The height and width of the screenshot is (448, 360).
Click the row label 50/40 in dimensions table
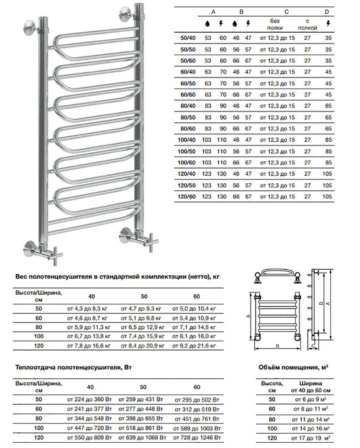click(188, 38)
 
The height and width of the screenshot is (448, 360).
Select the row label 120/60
click(187, 197)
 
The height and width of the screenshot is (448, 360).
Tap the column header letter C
click(286, 12)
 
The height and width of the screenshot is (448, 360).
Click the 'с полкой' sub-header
click(308, 24)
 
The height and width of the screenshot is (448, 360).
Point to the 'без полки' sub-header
click(275, 24)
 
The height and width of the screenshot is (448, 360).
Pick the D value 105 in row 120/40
click(327, 174)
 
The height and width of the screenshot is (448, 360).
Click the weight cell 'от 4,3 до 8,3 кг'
click(87, 309)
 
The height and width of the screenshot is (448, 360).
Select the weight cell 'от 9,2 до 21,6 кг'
click(194, 346)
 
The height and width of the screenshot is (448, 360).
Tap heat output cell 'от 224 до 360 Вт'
click(89, 400)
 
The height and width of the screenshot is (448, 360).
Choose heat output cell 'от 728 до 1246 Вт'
click(197, 437)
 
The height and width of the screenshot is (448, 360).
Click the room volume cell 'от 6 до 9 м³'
click(311, 400)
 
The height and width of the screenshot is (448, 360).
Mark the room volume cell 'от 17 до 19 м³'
click(311, 438)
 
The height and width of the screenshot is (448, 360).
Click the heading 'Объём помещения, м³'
click(293, 367)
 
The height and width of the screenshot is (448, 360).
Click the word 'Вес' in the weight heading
click(22, 276)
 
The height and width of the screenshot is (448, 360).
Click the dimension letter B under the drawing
click(278, 346)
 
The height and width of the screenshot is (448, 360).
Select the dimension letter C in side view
click(313, 346)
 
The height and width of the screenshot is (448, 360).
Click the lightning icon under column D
click(328, 23)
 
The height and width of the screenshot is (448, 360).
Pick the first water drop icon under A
click(207, 24)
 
